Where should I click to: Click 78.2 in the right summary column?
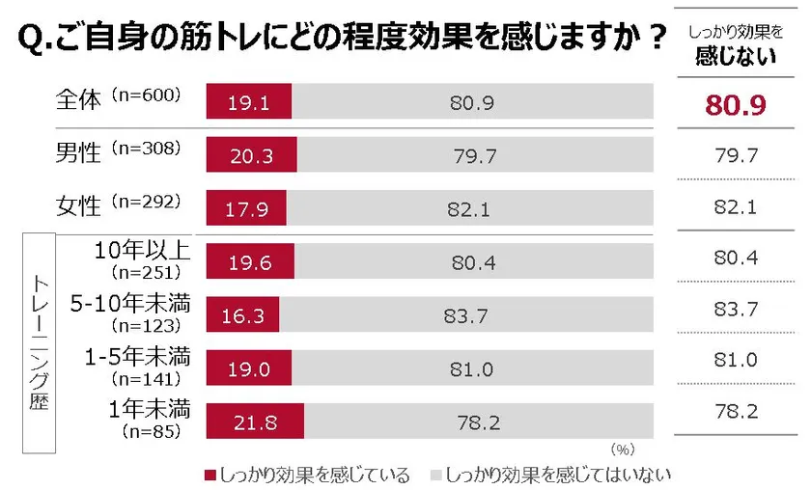736,412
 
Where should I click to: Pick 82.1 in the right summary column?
736,206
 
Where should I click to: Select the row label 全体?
79,99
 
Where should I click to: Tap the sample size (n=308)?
146,149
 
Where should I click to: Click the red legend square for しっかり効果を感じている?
210,476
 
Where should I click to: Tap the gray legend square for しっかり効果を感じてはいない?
435,476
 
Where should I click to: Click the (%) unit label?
624,449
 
